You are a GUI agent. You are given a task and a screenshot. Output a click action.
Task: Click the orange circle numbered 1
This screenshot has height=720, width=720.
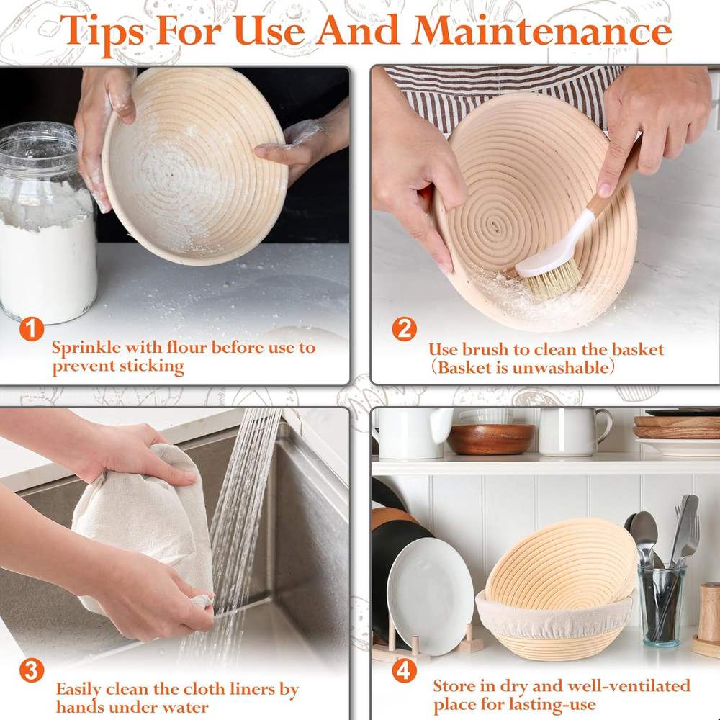32,329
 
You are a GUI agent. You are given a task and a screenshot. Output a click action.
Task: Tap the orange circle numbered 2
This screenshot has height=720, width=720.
404,329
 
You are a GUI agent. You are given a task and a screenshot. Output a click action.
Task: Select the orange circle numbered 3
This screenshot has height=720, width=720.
32,671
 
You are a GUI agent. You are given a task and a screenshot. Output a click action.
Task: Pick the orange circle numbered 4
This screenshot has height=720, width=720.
404,671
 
